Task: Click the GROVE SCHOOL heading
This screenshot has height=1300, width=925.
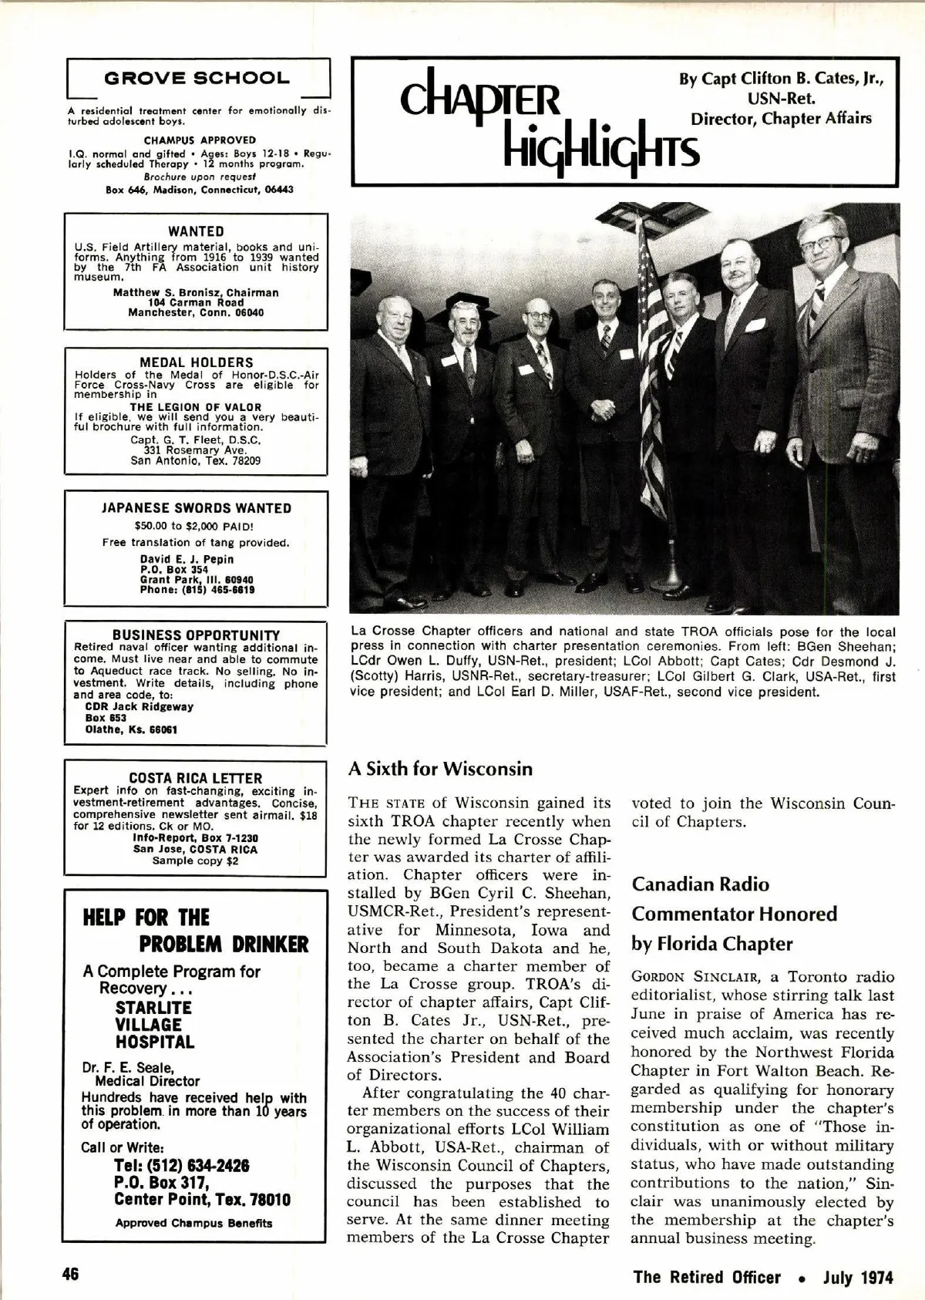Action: pyautogui.click(x=197, y=79)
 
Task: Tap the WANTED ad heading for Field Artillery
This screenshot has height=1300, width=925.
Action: pyautogui.click(x=196, y=231)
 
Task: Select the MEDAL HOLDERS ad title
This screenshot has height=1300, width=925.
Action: pyautogui.click(x=196, y=362)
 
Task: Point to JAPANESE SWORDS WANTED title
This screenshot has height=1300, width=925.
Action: pyautogui.click(x=196, y=508)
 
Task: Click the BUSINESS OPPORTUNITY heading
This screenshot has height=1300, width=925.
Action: pyautogui.click(x=196, y=635)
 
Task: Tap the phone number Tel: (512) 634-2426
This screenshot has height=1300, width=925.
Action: pyautogui.click(x=182, y=1166)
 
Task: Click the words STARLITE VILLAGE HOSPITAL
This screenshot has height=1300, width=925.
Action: pyautogui.click(x=154, y=1025)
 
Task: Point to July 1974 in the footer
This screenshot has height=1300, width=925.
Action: pyautogui.click(x=857, y=1277)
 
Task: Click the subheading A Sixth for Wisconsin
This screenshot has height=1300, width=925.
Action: pyautogui.click(x=440, y=769)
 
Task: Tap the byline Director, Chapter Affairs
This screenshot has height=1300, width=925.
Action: pyautogui.click(x=781, y=119)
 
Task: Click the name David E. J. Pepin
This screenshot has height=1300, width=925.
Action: pyautogui.click(x=187, y=559)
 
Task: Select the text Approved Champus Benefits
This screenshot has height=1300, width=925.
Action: pyautogui.click(x=193, y=1223)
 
